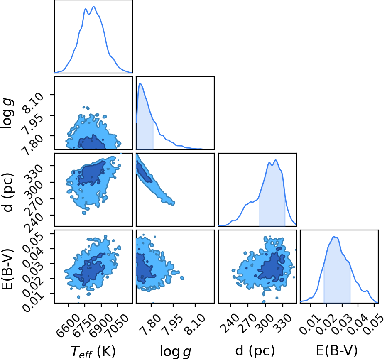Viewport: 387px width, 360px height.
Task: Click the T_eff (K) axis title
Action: [93, 351]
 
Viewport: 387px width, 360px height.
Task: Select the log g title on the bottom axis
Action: [176, 351]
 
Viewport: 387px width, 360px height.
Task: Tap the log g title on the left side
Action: [7, 113]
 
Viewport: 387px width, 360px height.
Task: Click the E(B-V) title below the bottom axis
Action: [337, 350]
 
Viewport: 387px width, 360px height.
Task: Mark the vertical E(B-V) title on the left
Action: [7, 270]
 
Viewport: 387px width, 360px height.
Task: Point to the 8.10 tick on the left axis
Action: [33, 104]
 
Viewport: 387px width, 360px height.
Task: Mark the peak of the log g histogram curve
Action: [140, 83]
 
